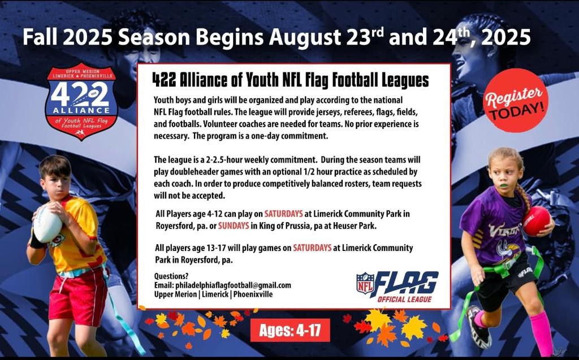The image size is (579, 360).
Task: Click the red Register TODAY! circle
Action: click(516, 100)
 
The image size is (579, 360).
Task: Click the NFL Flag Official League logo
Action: click(397, 287)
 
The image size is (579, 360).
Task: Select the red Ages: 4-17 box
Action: click(290, 330)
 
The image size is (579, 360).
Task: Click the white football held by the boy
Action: click(47, 223)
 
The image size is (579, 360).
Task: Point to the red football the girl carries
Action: click(537, 221)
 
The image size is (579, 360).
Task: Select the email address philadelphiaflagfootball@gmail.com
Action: click(234, 285)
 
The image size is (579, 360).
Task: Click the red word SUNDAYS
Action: click(234, 225)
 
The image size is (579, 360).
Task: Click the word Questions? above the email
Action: click(171, 276)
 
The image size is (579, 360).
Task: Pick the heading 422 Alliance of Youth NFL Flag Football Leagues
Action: click(291, 80)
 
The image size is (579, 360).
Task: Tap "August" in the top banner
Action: click(305, 37)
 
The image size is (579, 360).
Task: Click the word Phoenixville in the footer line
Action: click(253, 294)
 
